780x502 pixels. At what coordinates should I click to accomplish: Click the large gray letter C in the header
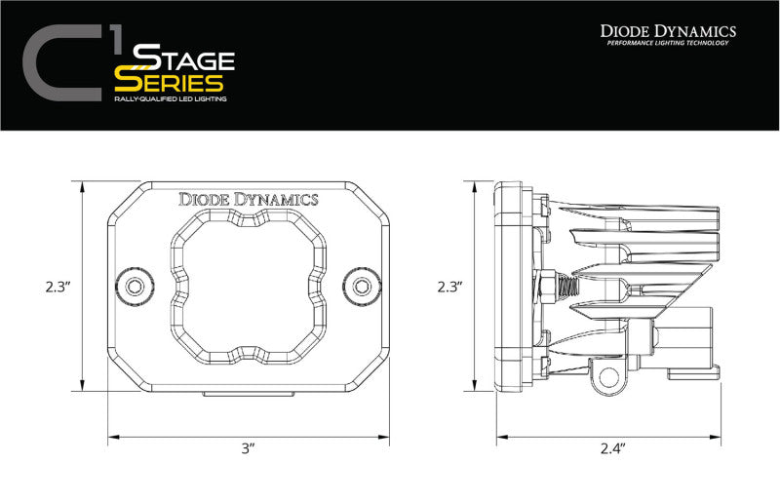pos(60,65)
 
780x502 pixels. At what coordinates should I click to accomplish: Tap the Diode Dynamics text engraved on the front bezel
pos(248,199)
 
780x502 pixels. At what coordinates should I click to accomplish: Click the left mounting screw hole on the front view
pos(134,286)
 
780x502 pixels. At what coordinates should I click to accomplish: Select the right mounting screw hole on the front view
pos(363,286)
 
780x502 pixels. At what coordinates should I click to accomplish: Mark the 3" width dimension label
pos(248,448)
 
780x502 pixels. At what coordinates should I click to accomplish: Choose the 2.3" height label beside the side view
pos(449,287)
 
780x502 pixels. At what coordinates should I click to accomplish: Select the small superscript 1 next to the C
pos(115,39)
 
